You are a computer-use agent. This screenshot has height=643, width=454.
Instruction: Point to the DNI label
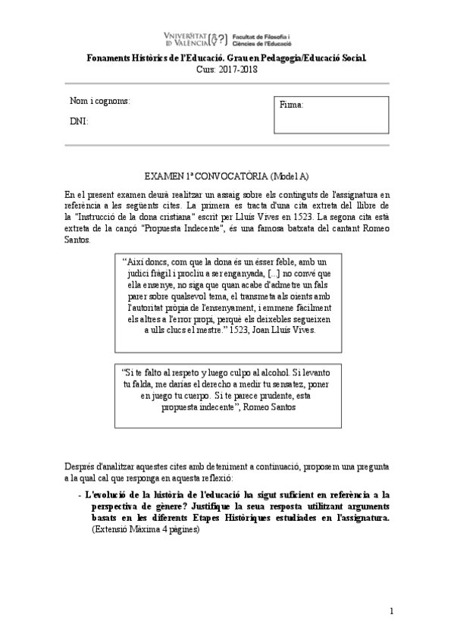(79, 121)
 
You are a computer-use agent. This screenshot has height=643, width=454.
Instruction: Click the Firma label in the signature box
(292, 105)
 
